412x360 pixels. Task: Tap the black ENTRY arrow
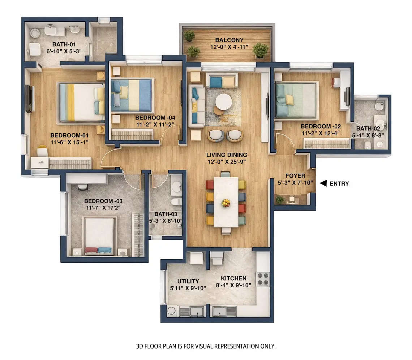coord(323,183)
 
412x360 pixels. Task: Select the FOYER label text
coord(295,176)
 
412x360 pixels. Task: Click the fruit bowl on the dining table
coord(226,203)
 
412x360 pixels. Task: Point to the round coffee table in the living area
coord(224,102)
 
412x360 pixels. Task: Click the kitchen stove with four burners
coord(263,279)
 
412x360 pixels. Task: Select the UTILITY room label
coord(188,281)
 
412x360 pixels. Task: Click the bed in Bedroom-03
coord(99,235)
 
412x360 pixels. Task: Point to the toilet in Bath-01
coord(35,49)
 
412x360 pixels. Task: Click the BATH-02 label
coord(368,129)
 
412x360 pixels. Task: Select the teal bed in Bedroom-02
coord(296,100)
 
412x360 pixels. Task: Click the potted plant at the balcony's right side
coord(260,49)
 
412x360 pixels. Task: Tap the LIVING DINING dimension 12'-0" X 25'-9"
coord(227,161)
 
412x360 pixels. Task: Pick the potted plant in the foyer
coord(280,199)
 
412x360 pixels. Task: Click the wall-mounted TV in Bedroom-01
coord(29,99)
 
